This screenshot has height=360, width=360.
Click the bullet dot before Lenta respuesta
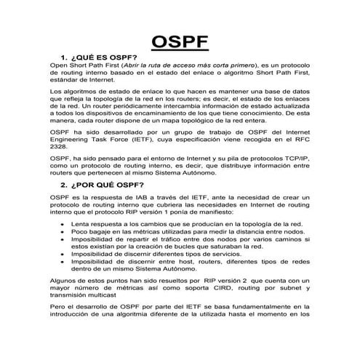coord(63,226)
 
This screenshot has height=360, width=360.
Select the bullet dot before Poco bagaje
coord(63,234)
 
